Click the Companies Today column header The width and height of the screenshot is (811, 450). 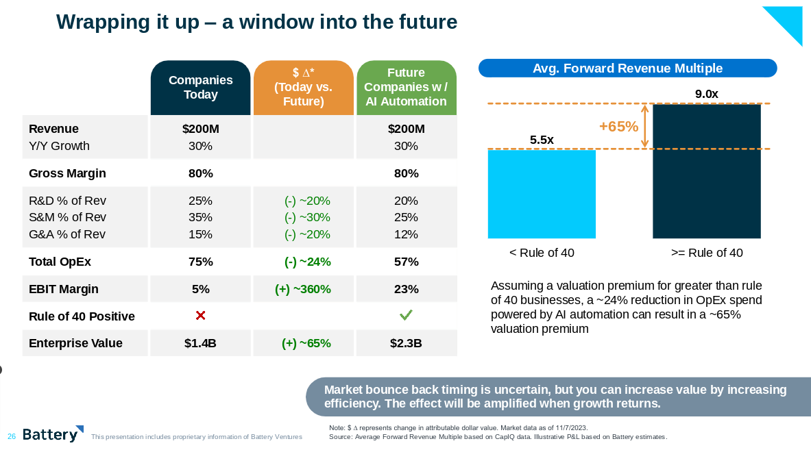(x=200, y=88)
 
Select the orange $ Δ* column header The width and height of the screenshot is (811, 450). (x=303, y=88)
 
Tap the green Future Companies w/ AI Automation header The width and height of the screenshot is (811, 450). (x=406, y=88)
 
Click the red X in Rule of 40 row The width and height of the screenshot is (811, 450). (x=200, y=316)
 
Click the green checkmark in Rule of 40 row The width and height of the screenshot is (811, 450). (x=406, y=315)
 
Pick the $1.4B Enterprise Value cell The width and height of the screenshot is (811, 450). (x=200, y=343)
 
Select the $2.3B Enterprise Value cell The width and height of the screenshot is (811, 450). (x=406, y=343)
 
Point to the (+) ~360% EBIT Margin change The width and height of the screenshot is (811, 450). (x=303, y=289)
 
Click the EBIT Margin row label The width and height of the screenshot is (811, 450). (x=64, y=289)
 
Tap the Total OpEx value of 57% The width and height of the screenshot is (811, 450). (x=406, y=262)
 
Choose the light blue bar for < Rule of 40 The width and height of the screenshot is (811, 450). (x=542, y=194)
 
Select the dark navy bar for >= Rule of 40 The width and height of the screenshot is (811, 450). (x=706, y=171)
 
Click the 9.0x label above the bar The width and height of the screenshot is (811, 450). (x=706, y=95)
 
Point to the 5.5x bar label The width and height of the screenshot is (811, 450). (x=542, y=140)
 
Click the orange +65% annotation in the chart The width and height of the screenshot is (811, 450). (x=618, y=127)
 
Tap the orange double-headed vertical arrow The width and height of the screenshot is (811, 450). (x=644, y=126)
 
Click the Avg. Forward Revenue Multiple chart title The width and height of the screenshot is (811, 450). (x=627, y=68)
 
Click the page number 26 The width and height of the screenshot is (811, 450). (x=12, y=436)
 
